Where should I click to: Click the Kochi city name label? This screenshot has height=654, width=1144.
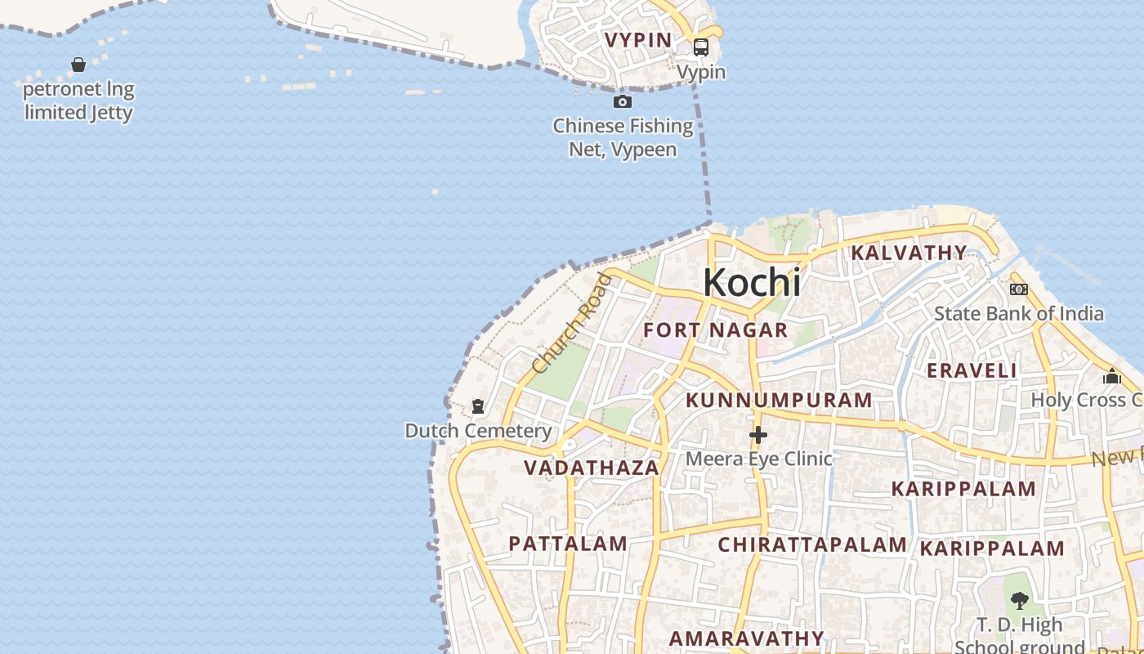pyautogui.click(x=752, y=283)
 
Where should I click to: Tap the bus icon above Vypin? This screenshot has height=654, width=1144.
pyautogui.click(x=701, y=47)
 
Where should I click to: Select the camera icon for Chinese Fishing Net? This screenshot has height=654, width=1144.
pyautogui.click(x=623, y=102)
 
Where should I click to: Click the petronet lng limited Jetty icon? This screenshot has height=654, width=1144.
pyautogui.click(x=78, y=65)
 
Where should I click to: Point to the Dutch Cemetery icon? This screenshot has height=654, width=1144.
pyautogui.click(x=478, y=406)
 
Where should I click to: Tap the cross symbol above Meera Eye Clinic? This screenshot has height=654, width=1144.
pyautogui.click(x=758, y=435)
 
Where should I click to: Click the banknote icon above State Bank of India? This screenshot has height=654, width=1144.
pyautogui.click(x=1019, y=289)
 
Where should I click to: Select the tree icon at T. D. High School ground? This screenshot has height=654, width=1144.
pyautogui.click(x=1019, y=602)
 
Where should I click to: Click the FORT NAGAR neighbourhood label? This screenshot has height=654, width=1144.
pyautogui.click(x=716, y=330)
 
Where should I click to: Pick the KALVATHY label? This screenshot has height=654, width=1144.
pyautogui.click(x=909, y=253)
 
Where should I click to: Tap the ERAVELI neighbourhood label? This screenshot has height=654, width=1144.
pyautogui.click(x=972, y=370)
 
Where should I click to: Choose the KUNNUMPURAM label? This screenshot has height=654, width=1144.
pyautogui.click(x=779, y=401)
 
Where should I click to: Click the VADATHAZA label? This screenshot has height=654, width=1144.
pyautogui.click(x=592, y=468)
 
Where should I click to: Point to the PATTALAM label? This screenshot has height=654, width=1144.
pyautogui.click(x=568, y=544)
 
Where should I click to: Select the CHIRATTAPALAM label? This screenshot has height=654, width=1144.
pyautogui.click(x=812, y=545)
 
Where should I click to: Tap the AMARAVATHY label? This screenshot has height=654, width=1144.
pyautogui.click(x=747, y=638)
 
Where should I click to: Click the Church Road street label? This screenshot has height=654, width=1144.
pyautogui.click(x=571, y=325)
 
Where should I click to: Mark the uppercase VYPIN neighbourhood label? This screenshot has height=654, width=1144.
pyautogui.click(x=637, y=40)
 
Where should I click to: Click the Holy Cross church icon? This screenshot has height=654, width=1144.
pyautogui.click(x=1112, y=376)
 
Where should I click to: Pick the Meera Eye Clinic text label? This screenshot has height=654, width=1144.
pyautogui.click(x=758, y=459)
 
